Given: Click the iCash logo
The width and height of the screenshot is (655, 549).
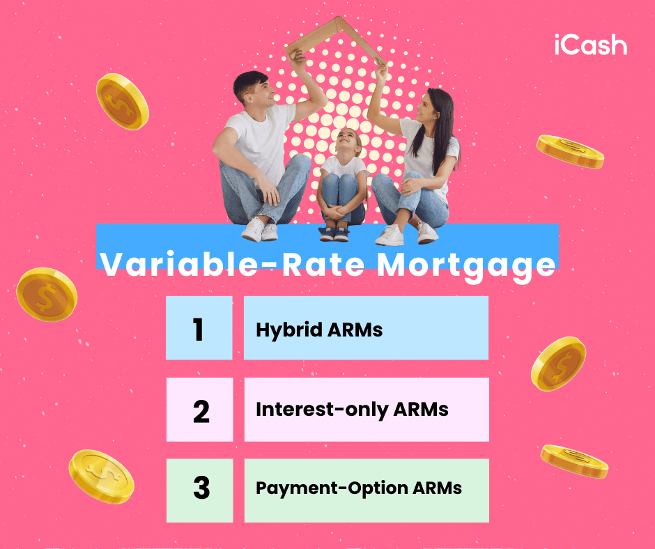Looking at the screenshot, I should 590,45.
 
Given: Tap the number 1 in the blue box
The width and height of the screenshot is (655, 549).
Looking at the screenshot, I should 199,329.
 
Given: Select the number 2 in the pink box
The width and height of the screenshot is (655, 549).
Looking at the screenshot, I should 201,410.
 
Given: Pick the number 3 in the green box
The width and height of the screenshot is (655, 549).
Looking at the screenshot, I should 201,489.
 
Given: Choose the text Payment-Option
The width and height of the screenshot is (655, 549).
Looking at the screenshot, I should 322,488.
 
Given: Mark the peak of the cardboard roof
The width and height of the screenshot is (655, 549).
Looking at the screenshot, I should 340,20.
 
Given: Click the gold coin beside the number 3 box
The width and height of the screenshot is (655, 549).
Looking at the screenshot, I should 101,475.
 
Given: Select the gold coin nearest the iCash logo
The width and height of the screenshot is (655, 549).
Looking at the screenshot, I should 570,151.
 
